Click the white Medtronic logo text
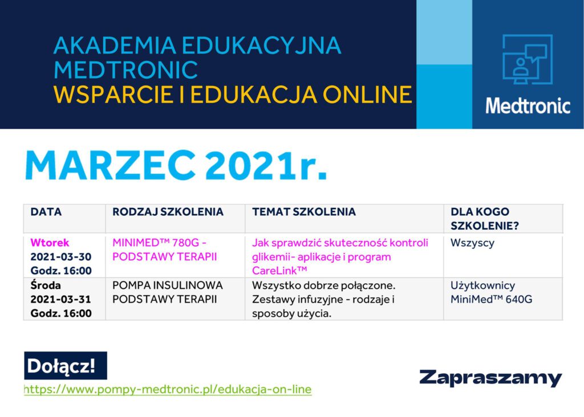(x=528, y=105)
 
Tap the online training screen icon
(x=528, y=59)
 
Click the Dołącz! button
(x=66, y=365)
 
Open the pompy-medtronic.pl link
(x=168, y=390)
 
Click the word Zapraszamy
(x=490, y=378)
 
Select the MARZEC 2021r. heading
(x=176, y=165)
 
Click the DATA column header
(x=46, y=212)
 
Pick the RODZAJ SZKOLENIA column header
(x=168, y=212)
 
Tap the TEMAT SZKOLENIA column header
(x=304, y=212)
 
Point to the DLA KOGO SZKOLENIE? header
(x=485, y=219)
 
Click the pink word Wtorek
(x=50, y=243)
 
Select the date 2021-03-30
(x=61, y=257)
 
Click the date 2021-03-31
(x=60, y=299)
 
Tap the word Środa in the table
(x=46, y=285)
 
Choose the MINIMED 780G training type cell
(x=165, y=250)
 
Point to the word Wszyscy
(x=472, y=243)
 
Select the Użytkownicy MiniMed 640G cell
(x=491, y=292)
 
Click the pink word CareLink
(x=279, y=271)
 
